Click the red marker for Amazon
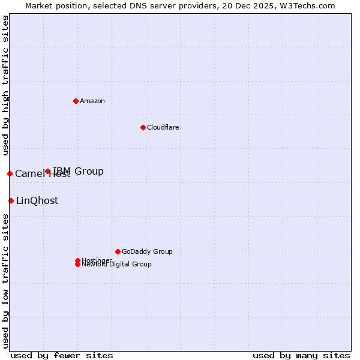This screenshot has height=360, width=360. click(x=76, y=101)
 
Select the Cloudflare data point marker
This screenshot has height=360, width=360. click(x=143, y=127)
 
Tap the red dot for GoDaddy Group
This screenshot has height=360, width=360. click(x=118, y=251)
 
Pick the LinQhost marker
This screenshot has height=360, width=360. click(x=11, y=200)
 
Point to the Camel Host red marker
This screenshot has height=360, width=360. click(x=10, y=173)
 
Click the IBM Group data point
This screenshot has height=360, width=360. click(x=47, y=171)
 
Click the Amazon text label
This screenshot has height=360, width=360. click(x=92, y=101)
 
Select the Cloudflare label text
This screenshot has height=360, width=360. click(x=163, y=127)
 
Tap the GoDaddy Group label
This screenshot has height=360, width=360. click(x=147, y=251)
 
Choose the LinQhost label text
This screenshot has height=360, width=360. click(x=37, y=201)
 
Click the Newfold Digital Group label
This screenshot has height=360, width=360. click(x=117, y=265)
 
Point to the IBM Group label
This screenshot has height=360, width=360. click(x=79, y=172)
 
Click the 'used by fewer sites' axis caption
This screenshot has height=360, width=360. click(x=62, y=355)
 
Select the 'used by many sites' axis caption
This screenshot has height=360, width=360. click(x=301, y=355)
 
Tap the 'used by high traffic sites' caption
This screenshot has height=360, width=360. click(x=5, y=86)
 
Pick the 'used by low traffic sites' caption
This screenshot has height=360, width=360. click(x=5, y=281)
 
